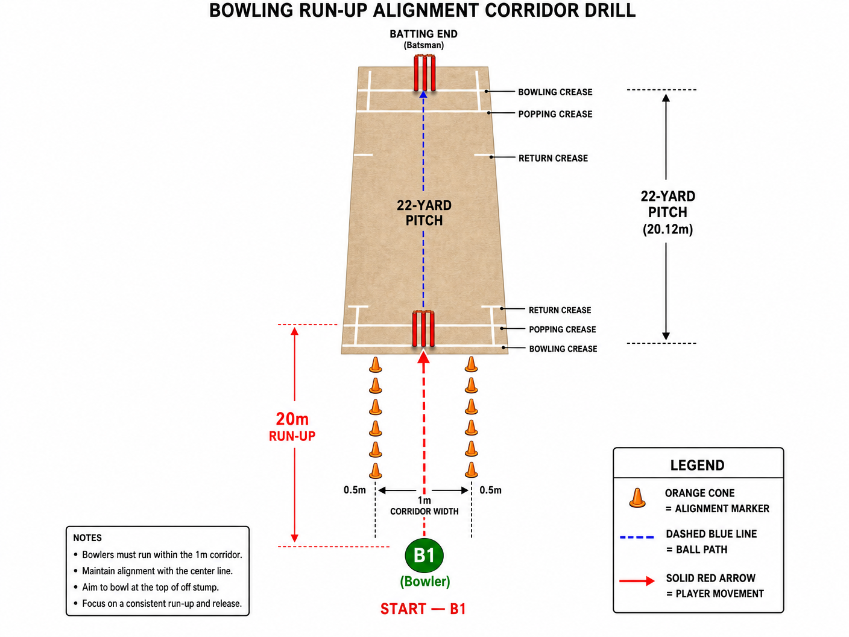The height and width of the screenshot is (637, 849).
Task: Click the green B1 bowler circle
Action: [424, 556]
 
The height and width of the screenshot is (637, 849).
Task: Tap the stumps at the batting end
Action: [424, 73]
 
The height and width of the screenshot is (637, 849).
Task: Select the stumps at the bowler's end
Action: [423, 329]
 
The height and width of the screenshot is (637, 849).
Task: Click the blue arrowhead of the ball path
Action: [423, 94]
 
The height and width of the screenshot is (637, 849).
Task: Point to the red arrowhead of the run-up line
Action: [423, 357]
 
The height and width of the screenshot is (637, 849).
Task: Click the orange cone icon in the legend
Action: [637, 498]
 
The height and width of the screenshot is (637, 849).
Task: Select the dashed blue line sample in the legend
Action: [637, 537]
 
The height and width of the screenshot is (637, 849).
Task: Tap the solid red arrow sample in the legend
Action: [637, 581]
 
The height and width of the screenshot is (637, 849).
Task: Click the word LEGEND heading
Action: [698, 465]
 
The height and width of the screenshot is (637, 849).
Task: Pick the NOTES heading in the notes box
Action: [87, 538]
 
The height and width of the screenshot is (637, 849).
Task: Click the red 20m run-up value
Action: [292, 419]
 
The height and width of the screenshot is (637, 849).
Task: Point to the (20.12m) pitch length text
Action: [668, 229]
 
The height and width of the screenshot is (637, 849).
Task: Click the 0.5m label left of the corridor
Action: [355, 490]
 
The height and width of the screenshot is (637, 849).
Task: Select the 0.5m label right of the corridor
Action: [490, 490]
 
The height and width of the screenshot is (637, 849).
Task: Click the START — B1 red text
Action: [423, 609]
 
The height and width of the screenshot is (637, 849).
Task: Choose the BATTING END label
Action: [423, 34]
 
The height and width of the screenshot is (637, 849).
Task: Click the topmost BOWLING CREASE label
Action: [555, 92]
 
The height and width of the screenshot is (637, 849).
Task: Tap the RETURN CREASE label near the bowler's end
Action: [560, 310]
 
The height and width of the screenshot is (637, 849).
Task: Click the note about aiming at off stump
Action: [151, 587]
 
